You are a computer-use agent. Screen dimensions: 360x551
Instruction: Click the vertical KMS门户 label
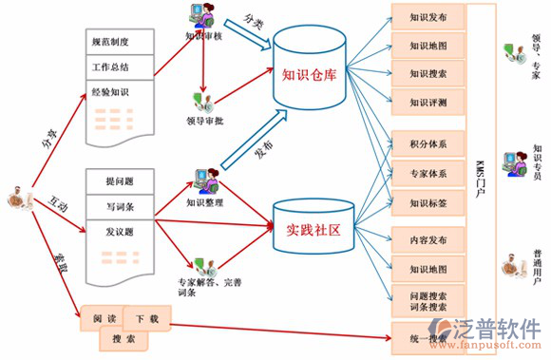pos(481,171)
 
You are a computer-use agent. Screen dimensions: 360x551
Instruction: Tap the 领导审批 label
pos(204,121)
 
